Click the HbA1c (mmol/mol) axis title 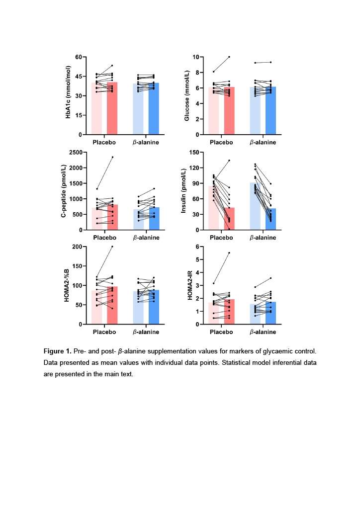(x=68, y=92)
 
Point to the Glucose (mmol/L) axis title (x=186, y=95)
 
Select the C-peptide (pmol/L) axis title (x=64, y=191)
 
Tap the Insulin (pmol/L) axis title (x=183, y=191)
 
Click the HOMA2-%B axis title (x=67, y=285)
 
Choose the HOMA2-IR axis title (x=190, y=285)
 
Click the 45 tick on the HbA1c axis (x=79, y=77)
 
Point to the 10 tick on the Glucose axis (x=196, y=57)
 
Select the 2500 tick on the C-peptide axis (x=76, y=152)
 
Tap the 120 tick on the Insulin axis (x=194, y=168)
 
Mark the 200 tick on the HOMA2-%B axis (x=77, y=247)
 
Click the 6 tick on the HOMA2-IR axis (x=197, y=247)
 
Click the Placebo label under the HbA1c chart (x=104, y=143)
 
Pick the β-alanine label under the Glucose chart (x=263, y=143)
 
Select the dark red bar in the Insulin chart (x=229, y=219)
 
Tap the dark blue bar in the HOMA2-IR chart (x=270, y=313)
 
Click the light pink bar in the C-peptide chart (x=97, y=219)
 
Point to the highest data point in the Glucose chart (x=229, y=57)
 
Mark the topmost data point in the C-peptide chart (x=112, y=157)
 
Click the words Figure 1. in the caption (x=58, y=351)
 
